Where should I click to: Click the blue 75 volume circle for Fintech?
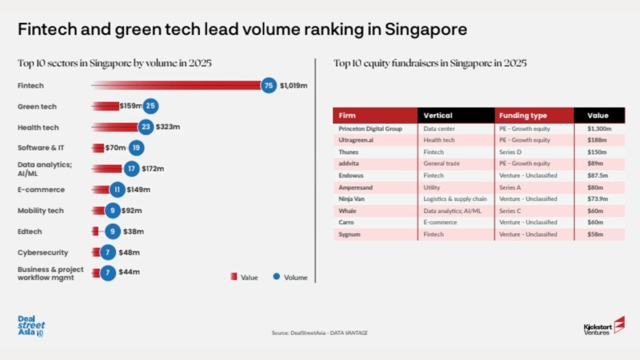(269, 85)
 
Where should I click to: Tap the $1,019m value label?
(293, 85)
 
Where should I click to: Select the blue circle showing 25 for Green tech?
(150, 106)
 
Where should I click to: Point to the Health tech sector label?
(38, 127)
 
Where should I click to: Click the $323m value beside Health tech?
(167, 127)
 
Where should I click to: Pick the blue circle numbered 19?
(136, 148)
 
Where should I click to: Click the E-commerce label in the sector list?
(41, 190)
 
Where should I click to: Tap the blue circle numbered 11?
(118, 190)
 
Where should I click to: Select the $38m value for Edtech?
(133, 231)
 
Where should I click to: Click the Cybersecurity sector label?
(43, 252)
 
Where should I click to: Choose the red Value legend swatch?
(233, 277)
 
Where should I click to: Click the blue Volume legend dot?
(276, 277)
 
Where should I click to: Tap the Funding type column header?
(523, 116)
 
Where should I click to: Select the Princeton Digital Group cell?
(370, 129)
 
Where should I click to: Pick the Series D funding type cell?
(511, 152)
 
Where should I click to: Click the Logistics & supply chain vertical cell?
(455, 199)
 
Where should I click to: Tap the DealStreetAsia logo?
(31, 326)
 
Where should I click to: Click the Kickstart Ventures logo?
(604, 326)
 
